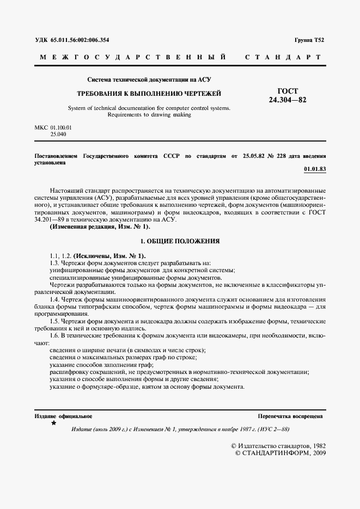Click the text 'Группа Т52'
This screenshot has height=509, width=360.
pos(309,40)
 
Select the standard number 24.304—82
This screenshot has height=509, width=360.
pos(288,100)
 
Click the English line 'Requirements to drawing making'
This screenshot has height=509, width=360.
pos(149,115)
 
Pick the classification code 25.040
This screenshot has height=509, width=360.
pos(58,133)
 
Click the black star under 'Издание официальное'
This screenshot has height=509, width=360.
pos(53,422)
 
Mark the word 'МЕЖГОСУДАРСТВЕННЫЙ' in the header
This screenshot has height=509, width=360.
pos(133,57)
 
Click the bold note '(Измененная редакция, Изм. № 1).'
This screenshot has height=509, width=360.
pos(100,226)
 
